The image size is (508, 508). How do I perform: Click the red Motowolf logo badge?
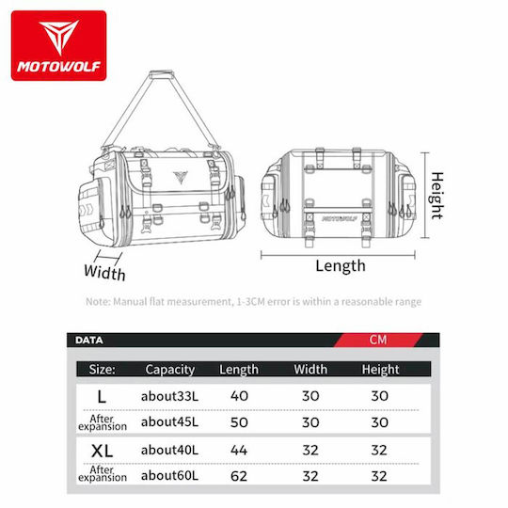coord(58,45)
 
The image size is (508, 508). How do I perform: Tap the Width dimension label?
coord(104,272)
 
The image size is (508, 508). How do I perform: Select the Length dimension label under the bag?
coord(341,266)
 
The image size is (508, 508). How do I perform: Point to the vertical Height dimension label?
coord(437,196)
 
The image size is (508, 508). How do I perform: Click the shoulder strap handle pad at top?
coord(162,74)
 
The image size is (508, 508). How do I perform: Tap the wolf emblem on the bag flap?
coord(181,178)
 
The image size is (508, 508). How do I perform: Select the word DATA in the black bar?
coord(88,341)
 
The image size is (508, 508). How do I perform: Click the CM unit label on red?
coord(378,340)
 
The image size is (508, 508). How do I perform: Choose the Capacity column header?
coord(169,370)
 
